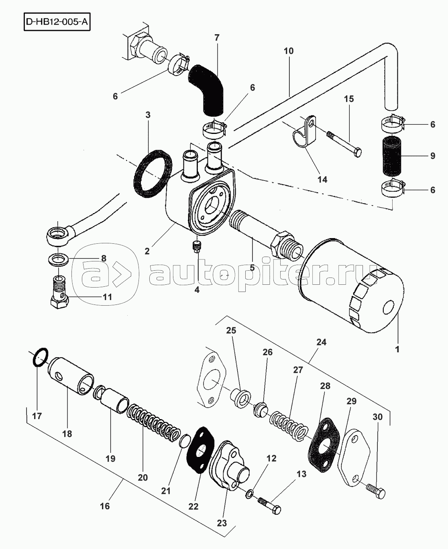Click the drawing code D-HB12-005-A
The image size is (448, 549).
(x=57, y=22)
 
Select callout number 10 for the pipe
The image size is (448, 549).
(x=289, y=51)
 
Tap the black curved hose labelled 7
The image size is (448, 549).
(x=207, y=90)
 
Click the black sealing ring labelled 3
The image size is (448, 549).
(x=153, y=174)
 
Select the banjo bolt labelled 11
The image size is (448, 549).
(x=60, y=292)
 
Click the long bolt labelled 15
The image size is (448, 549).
(x=344, y=144)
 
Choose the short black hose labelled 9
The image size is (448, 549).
(x=392, y=155)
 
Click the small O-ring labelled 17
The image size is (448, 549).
(x=41, y=358)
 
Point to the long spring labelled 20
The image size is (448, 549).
(x=154, y=423)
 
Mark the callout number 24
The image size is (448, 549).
(x=321, y=342)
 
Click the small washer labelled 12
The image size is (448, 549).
(x=249, y=493)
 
